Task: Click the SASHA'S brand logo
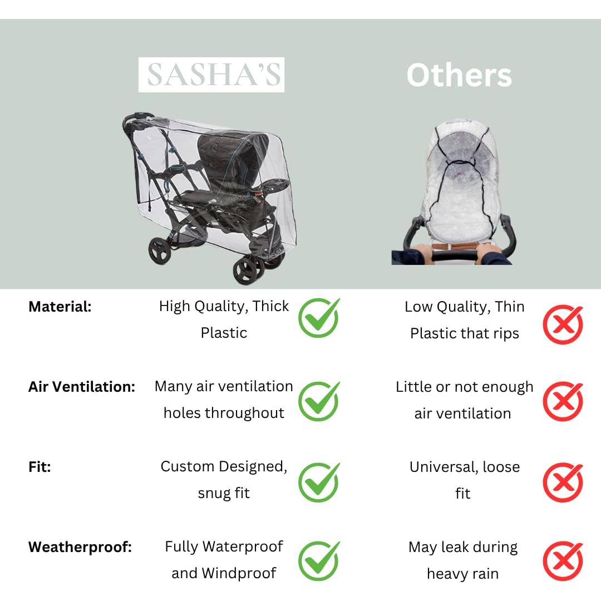click(x=211, y=75)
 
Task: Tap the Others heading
click(x=459, y=75)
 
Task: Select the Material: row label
click(x=60, y=307)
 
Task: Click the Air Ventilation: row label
click(x=82, y=387)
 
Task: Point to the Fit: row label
click(x=40, y=467)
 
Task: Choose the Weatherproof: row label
click(x=80, y=547)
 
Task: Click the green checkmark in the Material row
click(x=319, y=318)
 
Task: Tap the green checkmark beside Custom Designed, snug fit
click(x=319, y=482)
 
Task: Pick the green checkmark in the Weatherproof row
click(x=319, y=561)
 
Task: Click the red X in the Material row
click(x=563, y=324)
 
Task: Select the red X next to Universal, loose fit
click(x=563, y=482)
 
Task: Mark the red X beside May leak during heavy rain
click(x=563, y=561)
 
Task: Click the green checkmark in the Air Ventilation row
click(x=319, y=401)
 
